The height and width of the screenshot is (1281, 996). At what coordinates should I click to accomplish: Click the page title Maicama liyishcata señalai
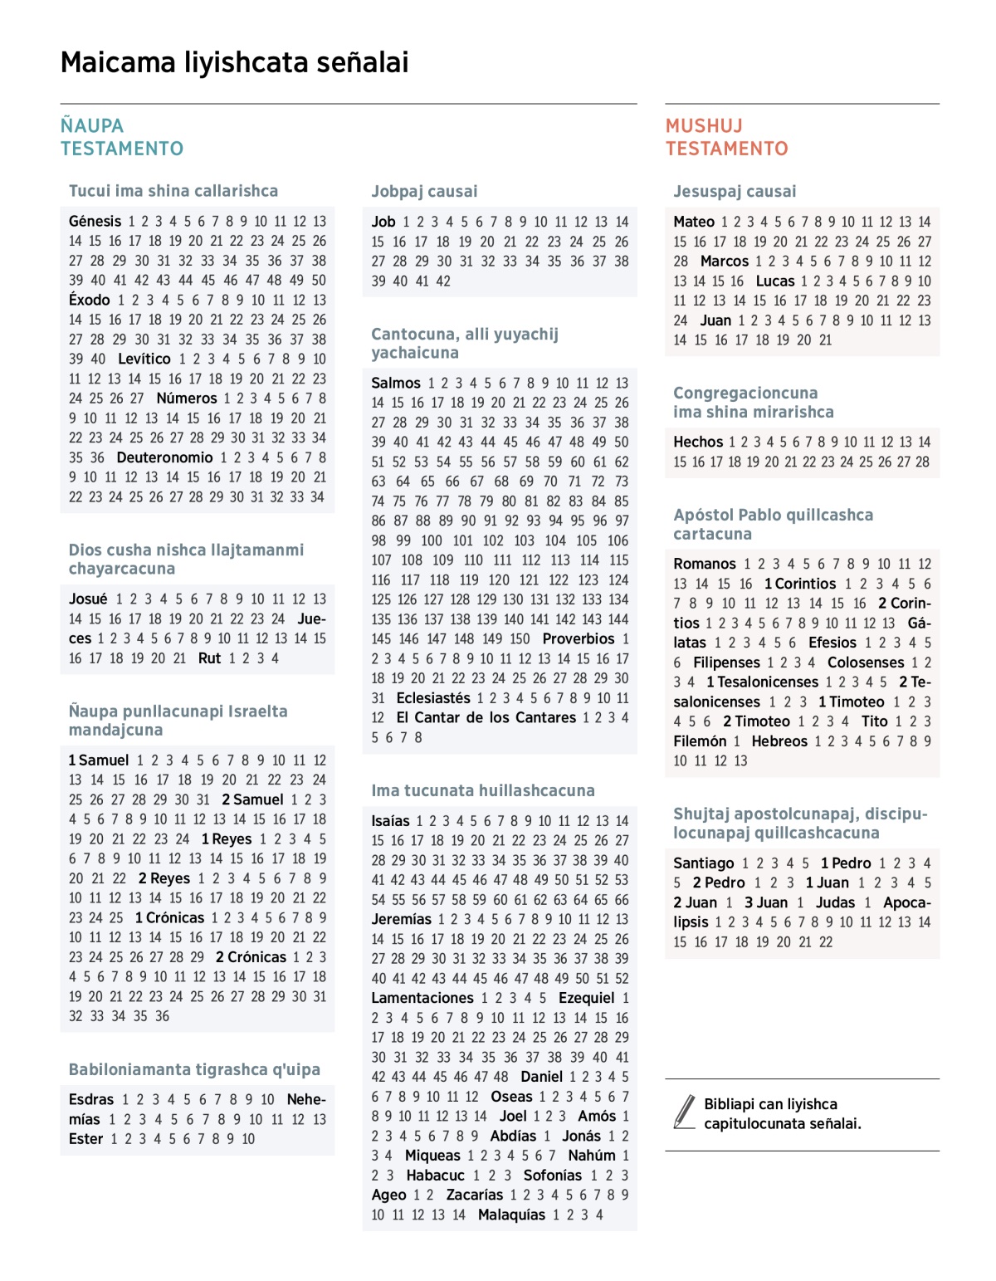pyautogui.click(x=234, y=63)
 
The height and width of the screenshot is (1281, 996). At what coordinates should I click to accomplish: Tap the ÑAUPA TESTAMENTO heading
pyautogui.click(x=121, y=137)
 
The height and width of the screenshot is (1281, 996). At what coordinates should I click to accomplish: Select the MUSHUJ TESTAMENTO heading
pyautogui.click(x=726, y=137)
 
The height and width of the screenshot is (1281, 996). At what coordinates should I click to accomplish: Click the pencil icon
pyautogui.click(x=685, y=1112)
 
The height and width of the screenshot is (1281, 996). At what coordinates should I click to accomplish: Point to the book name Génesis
pyautogui.click(x=95, y=222)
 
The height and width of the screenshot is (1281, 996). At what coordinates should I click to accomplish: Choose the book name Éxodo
pyautogui.click(x=89, y=301)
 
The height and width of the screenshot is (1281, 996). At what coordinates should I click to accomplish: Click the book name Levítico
pyautogui.click(x=144, y=359)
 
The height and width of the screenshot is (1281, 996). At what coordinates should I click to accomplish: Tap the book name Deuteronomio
pyautogui.click(x=164, y=458)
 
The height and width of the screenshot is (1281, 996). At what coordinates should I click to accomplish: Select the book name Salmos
pyautogui.click(x=396, y=384)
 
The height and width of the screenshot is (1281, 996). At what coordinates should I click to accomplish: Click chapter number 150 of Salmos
pyautogui.click(x=520, y=639)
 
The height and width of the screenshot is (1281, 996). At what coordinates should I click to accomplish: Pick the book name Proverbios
pyautogui.click(x=579, y=639)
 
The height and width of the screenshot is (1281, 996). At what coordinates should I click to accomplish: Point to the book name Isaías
pyautogui.click(x=390, y=821)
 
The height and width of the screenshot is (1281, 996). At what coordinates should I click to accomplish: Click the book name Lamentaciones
pyautogui.click(x=422, y=999)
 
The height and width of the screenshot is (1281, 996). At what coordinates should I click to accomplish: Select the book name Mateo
pyautogui.click(x=694, y=222)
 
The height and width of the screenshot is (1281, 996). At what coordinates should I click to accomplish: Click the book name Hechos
pyautogui.click(x=698, y=442)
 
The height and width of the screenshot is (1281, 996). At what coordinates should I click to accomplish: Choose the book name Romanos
pyautogui.click(x=705, y=565)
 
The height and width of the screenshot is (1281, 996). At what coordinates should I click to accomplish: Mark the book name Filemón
pyautogui.click(x=700, y=741)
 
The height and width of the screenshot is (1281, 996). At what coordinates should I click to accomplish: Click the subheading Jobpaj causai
pyautogui.click(x=424, y=192)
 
